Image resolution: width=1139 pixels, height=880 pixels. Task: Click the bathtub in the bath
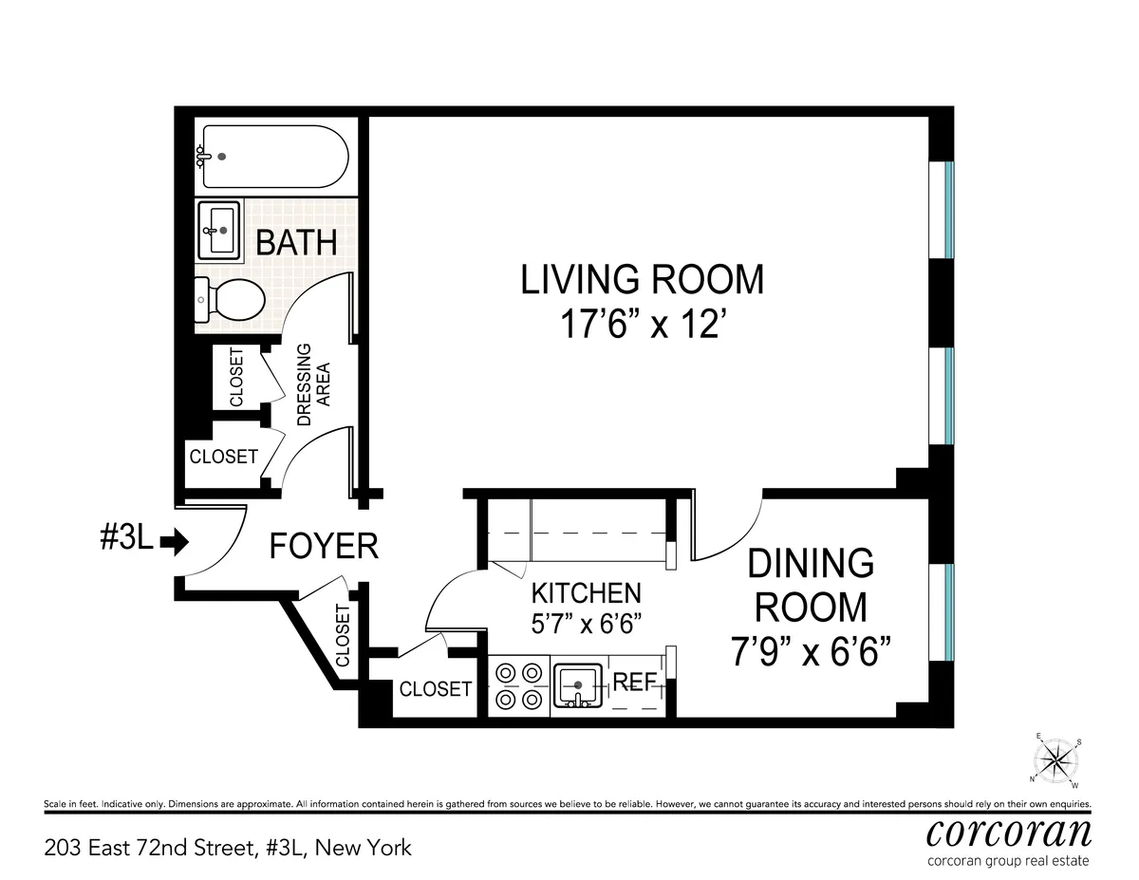pos(271,157)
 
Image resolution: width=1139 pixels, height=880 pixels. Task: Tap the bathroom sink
pos(220,230)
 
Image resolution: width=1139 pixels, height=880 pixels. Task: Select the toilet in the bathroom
pos(230,301)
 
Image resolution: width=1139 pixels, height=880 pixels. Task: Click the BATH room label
pos(296,242)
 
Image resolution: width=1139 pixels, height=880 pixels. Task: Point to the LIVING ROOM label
pos(642,280)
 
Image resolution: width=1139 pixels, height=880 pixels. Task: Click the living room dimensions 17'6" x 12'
pos(642,326)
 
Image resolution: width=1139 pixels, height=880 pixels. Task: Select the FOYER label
pos(324,547)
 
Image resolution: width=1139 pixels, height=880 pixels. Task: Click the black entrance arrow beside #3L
pos(175,542)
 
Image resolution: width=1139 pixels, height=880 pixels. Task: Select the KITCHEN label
pos(586,593)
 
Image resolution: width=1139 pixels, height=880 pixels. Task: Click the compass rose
pos(1055,759)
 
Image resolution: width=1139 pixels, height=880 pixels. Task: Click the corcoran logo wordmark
pos(1008,833)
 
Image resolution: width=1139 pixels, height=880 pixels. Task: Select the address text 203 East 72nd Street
pos(228,847)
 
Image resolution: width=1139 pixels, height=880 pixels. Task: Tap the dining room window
pos(948,612)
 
